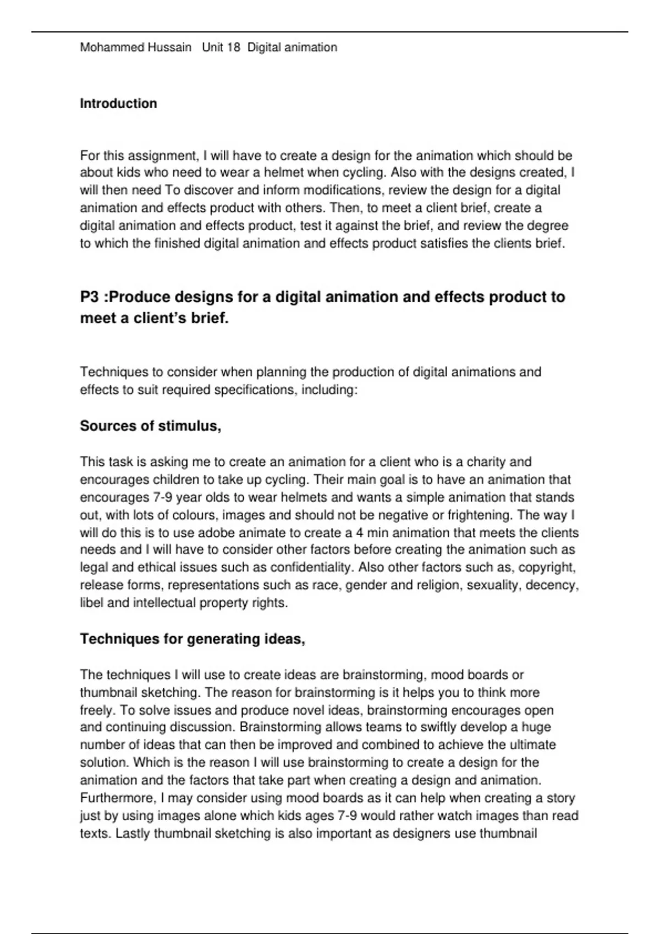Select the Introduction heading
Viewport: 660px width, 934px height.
[118, 103]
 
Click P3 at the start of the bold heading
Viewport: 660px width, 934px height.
[90, 297]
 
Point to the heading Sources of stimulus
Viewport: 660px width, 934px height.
[151, 426]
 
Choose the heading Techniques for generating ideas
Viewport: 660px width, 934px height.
[193, 639]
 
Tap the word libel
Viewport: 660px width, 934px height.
[91, 603]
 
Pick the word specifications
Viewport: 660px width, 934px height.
[255, 390]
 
